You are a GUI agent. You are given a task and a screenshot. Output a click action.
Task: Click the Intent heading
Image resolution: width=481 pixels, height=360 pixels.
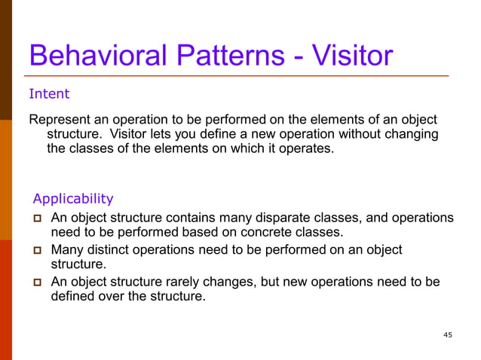pyautogui.click(x=49, y=94)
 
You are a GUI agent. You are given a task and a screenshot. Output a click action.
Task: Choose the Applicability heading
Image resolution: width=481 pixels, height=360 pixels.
pyautogui.click(x=73, y=199)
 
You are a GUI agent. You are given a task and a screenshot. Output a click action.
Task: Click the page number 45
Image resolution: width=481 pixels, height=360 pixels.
pyautogui.click(x=448, y=335)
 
